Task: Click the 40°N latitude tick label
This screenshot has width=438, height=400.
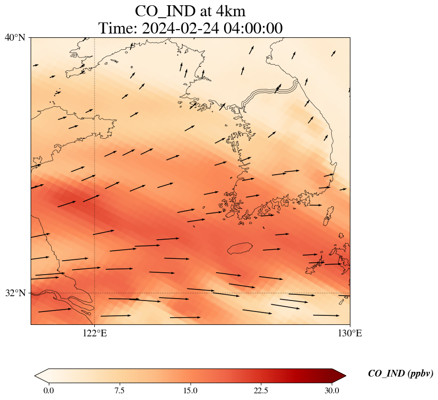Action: coord(15,37)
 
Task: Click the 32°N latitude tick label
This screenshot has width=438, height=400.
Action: coord(15,293)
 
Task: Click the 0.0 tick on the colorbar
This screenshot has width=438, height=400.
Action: coord(48,390)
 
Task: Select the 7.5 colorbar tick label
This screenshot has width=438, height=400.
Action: coord(119,390)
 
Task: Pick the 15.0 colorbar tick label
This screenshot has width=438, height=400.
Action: coord(190,390)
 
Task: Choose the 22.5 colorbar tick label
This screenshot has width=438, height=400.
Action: coord(261,390)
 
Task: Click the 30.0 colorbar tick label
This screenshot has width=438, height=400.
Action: coord(332,390)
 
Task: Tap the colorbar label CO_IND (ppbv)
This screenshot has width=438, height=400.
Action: coord(400,374)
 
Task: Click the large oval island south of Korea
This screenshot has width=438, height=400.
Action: coord(240,248)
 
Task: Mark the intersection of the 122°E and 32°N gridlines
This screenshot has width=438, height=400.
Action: coord(95,293)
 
